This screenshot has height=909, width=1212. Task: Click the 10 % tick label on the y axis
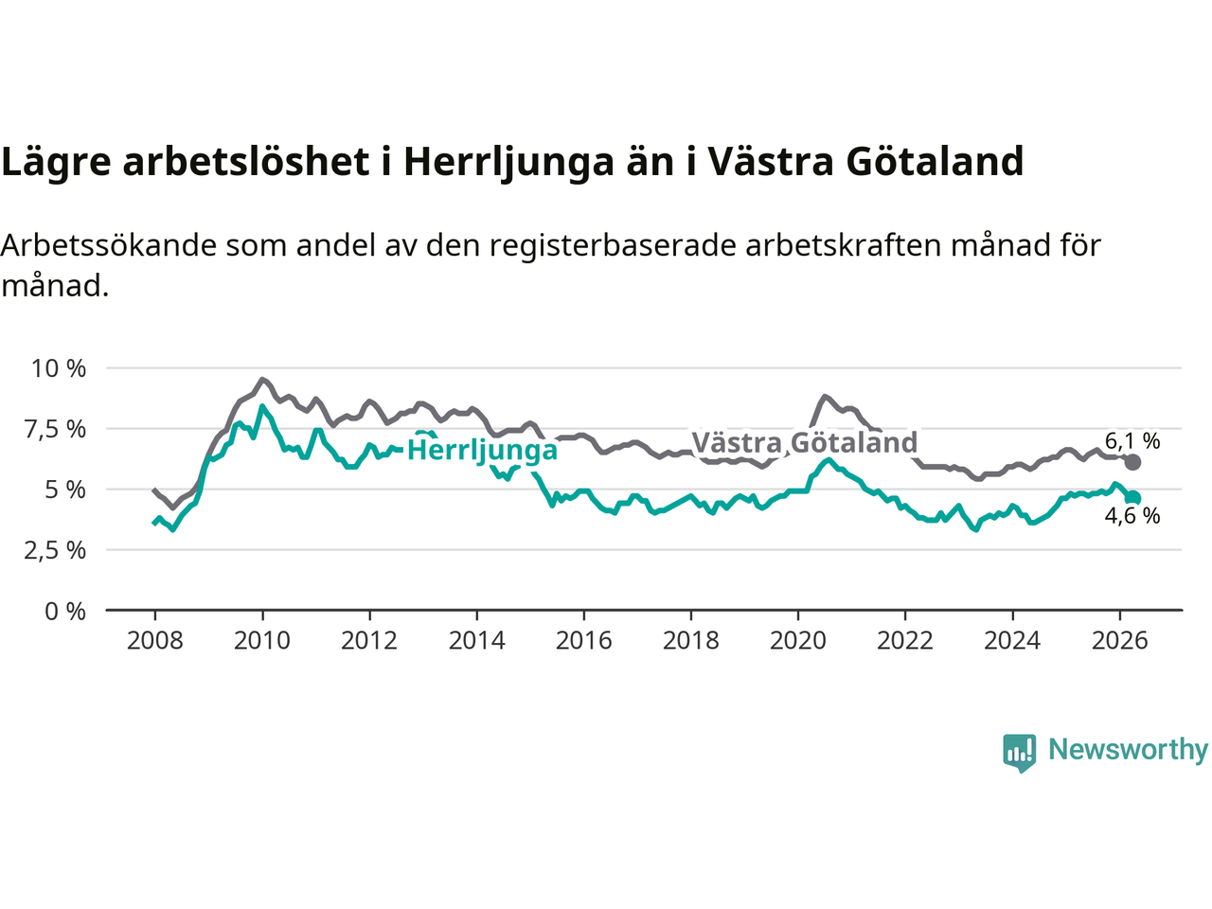(x=59, y=368)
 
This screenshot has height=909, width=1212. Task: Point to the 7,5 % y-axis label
(x=55, y=429)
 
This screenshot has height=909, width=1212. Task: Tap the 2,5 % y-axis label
(x=55, y=551)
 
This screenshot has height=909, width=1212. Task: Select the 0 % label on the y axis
(x=65, y=612)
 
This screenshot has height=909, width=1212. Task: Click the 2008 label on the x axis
(x=154, y=641)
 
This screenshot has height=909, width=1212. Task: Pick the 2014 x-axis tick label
(x=476, y=641)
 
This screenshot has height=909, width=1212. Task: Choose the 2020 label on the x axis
(x=798, y=641)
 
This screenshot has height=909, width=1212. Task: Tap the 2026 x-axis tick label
(x=1120, y=641)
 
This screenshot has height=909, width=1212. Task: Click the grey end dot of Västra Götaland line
(x=1132, y=462)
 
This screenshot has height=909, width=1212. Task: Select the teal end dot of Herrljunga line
(x=1132, y=498)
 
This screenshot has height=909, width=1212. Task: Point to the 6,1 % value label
(x=1132, y=441)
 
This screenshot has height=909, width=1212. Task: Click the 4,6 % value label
(x=1132, y=516)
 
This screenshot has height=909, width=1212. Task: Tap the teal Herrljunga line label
(x=482, y=451)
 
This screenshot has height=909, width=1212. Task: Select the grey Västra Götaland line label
(x=805, y=442)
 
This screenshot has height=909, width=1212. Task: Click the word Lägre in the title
(x=56, y=163)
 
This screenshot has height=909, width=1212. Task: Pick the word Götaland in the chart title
(x=935, y=161)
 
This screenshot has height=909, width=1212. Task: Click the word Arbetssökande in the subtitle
(x=109, y=245)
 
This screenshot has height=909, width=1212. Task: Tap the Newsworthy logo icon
(x=1019, y=753)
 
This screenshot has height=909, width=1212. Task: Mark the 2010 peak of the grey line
(x=262, y=379)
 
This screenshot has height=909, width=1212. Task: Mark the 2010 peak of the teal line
(x=261, y=407)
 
